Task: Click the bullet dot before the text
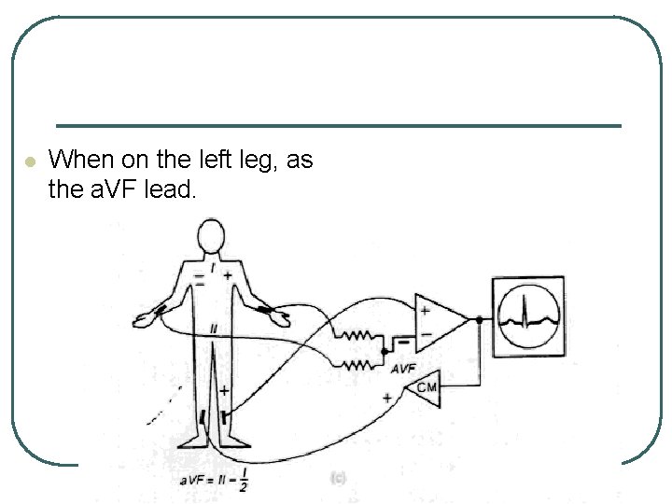click(30, 162)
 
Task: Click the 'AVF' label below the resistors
click(403, 370)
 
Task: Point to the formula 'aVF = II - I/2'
click(215, 481)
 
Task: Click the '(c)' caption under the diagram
click(337, 477)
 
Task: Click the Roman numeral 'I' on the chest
click(213, 268)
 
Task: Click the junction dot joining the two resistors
click(385, 350)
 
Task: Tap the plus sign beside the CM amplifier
click(386, 397)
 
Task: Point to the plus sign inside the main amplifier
click(424, 311)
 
